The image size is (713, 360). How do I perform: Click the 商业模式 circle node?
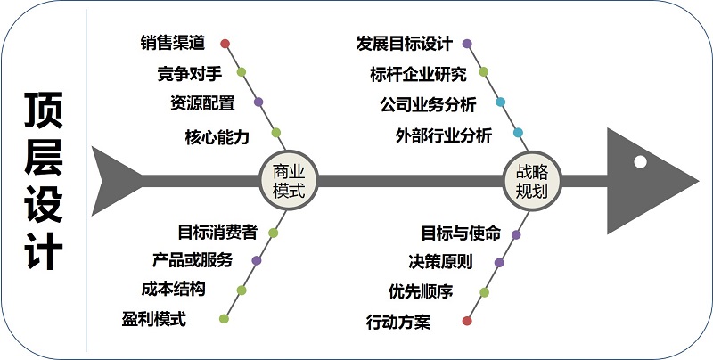tap(288, 181)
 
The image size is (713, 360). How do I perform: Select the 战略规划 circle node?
tap(532, 181)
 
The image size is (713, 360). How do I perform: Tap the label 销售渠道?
tap(173, 43)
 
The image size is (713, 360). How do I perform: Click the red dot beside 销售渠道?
tap(225, 43)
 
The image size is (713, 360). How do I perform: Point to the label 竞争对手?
tap(189, 73)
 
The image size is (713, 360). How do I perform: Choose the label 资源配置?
tap(202, 102)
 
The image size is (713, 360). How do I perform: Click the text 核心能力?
tap(217, 137)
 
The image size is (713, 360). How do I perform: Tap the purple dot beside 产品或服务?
tap(257, 261)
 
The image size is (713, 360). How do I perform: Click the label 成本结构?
tap(174, 290)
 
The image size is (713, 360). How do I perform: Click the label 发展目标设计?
tap(404, 43)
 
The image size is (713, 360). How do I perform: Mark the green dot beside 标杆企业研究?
tap(484, 72)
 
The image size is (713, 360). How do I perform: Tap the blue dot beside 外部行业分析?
tap(518, 134)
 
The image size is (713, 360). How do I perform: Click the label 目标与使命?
tap(461, 233)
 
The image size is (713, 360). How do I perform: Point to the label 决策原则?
tap(441, 262)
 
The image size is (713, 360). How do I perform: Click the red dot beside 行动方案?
tap(468, 320)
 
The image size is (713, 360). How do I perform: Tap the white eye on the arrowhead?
tap(640, 161)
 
